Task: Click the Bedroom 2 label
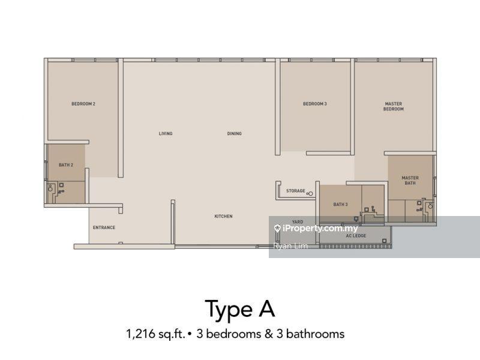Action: pos(83,104)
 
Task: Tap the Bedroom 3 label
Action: pos(314,104)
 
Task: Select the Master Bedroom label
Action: pos(394,106)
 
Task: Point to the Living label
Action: pos(166,133)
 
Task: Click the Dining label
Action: pos(235,133)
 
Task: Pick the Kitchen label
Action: pos(223,216)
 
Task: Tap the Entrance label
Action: pos(104,227)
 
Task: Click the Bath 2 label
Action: pos(66,165)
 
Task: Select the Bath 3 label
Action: pos(340,204)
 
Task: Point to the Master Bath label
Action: pos(410,181)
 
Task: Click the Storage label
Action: pos(296,191)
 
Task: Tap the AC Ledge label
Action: pos(356,236)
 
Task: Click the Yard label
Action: pos(298,221)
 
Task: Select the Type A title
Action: pos(239,309)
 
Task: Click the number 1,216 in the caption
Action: pos(140,334)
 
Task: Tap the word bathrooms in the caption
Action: pos(316,334)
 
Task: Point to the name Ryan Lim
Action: pos(290,246)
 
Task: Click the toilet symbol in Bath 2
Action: pos(50,188)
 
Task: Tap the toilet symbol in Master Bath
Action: pos(430,205)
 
